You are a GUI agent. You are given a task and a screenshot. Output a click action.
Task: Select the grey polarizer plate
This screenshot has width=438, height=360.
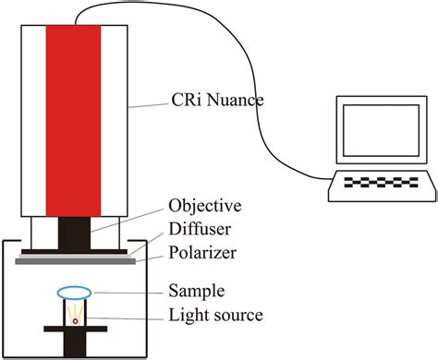[74, 261]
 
